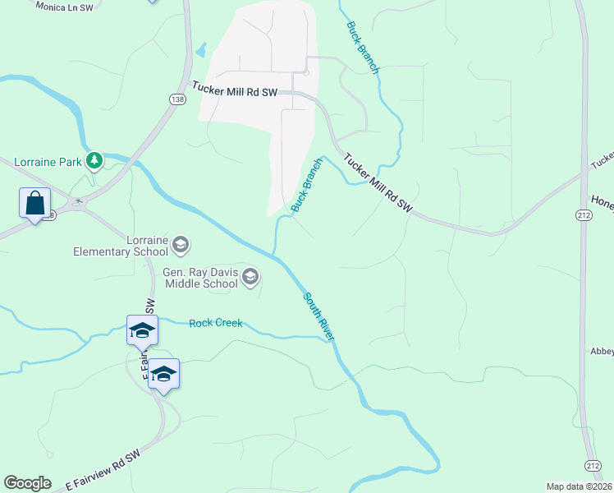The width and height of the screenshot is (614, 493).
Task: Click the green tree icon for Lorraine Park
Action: tap(95, 160)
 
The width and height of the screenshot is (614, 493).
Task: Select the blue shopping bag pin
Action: tap(34, 204)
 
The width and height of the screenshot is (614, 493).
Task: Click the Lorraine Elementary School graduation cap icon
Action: tap(181, 245)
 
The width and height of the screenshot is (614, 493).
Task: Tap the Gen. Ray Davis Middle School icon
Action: tap(250, 278)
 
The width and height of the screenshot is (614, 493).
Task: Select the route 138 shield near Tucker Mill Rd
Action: tap(177, 99)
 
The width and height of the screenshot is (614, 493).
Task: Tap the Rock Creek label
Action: tap(216, 323)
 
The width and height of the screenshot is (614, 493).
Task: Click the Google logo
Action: tap(27, 483)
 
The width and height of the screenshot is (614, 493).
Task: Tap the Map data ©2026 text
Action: tap(580, 486)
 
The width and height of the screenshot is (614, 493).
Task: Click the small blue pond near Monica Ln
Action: tap(200, 50)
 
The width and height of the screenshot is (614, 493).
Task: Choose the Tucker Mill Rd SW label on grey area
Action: tap(235, 90)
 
